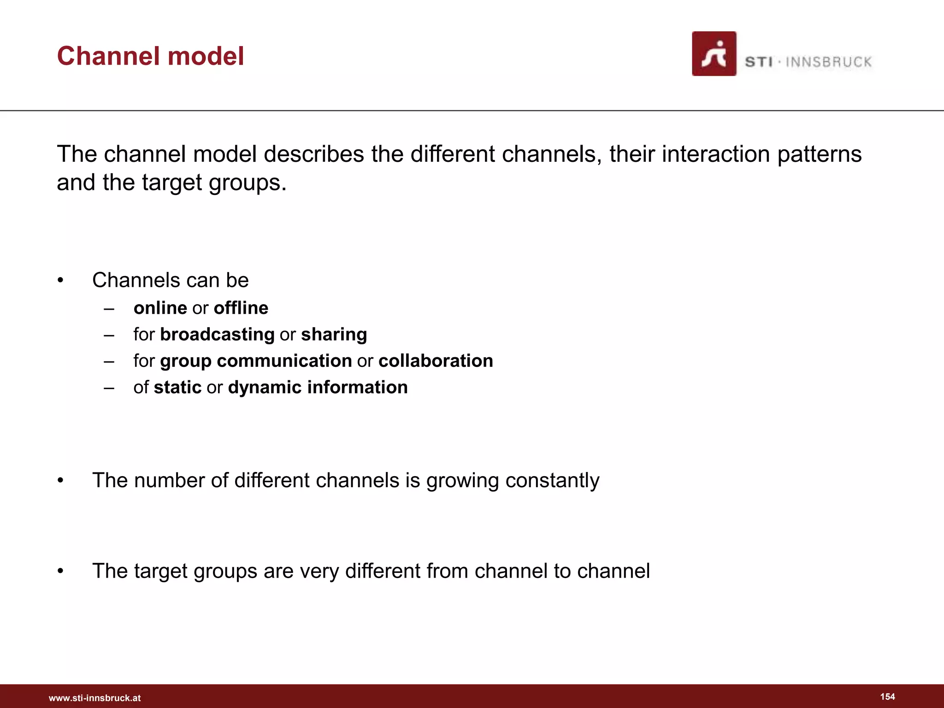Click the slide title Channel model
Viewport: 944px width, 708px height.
pos(150,56)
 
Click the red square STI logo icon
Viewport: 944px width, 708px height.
pos(714,53)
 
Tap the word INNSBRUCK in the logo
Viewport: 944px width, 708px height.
pos(828,62)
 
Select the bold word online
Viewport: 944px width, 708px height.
pos(160,308)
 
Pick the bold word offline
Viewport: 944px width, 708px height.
pos(241,308)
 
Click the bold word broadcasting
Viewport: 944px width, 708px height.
pos(217,335)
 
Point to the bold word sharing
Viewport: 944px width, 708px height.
pos(334,335)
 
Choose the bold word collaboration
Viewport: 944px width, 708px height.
pos(436,361)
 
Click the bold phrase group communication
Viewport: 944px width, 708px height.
pos(256,361)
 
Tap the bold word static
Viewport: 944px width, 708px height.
pos(177,388)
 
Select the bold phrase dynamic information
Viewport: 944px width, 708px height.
pos(318,388)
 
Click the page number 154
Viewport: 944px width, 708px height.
pos(887,696)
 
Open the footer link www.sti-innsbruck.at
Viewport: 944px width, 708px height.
pos(94,698)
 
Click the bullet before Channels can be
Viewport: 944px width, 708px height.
pos(60,281)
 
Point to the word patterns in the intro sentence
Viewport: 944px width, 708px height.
pos(819,154)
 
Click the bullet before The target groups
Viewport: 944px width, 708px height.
pos(60,572)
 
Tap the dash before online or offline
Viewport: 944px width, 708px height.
pos(109,308)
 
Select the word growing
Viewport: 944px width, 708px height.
pos(462,481)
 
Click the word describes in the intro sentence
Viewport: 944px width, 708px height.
pos(313,154)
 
